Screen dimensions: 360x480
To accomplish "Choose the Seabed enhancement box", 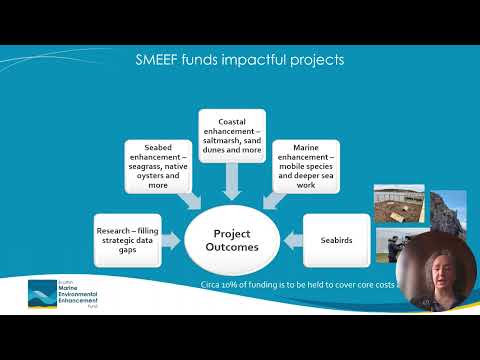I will tap(160, 167).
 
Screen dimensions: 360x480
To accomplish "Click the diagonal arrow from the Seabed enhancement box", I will tap(190, 200).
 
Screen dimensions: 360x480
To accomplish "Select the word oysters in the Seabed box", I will tap(146, 176).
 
